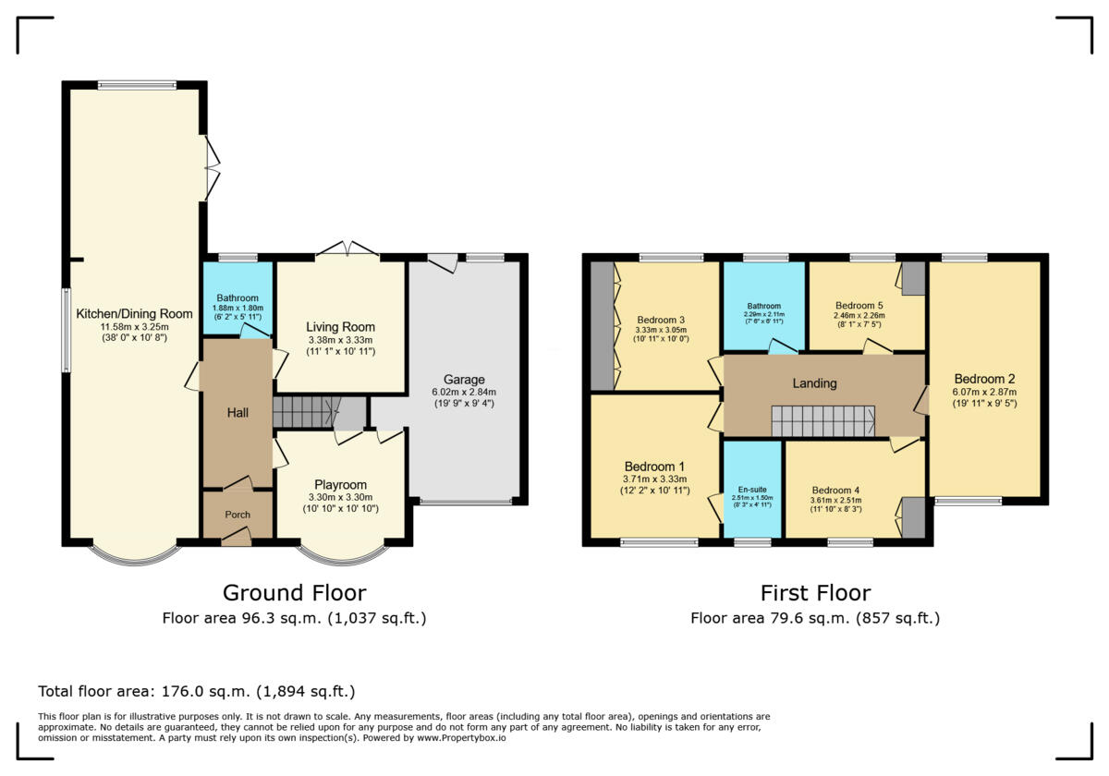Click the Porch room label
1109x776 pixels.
pos(238,515)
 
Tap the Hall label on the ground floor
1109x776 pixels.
pos(238,412)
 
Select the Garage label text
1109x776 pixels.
pos(463,380)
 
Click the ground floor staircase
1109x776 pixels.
pos(306,413)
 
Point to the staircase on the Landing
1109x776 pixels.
pos(823,421)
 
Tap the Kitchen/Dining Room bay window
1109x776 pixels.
pos(136,554)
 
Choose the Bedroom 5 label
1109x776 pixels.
pos(859,306)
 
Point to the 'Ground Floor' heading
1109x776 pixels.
pos(294,593)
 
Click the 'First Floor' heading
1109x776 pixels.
pos(815,593)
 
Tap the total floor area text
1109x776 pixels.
pos(196,691)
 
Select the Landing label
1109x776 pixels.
pos(814,383)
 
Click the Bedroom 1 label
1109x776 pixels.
pos(654,466)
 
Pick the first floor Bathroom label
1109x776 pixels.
pos(764,307)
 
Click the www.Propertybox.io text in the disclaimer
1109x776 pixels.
pos(460,738)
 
